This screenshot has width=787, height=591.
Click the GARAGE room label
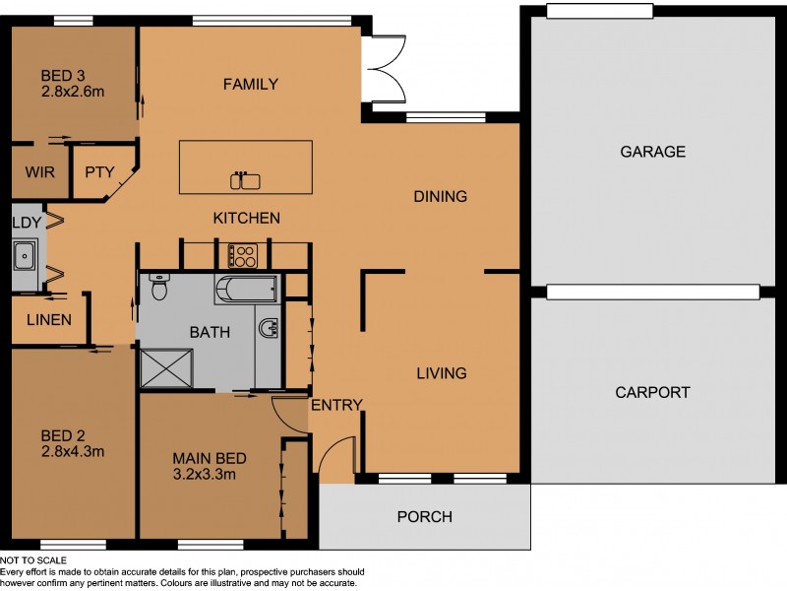tap(651, 152)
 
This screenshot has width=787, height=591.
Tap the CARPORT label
tap(651, 392)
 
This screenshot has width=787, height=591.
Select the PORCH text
tap(424, 516)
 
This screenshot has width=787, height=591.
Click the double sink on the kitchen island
tap(245, 180)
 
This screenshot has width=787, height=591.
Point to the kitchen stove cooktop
tap(242, 256)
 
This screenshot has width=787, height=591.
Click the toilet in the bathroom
tap(159, 288)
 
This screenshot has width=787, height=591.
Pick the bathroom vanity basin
tap(268, 327)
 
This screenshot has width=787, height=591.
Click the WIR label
tap(39, 171)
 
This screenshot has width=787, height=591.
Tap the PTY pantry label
tap(99, 171)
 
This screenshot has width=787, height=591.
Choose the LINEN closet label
tap(48, 319)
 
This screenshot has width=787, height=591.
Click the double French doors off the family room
tap(384, 70)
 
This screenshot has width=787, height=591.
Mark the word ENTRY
tap(336, 405)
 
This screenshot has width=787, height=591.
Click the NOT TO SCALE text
tap(34, 559)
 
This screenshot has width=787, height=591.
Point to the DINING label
tap(440, 196)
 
